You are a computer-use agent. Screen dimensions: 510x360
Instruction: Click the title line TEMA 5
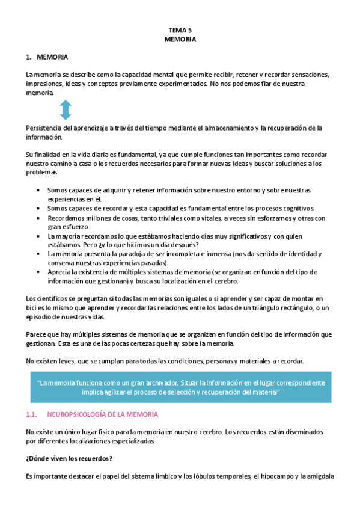pyautogui.click(x=180, y=29)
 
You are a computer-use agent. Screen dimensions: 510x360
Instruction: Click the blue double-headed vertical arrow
pyautogui.click(x=66, y=111)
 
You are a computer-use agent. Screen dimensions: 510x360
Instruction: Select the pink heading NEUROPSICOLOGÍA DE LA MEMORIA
pyautogui.click(x=102, y=415)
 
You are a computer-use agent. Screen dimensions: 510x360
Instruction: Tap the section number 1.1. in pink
pyautogui.click(x=33, y=415)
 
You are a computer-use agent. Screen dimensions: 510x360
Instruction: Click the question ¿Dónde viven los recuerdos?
pyautogui.click(x=69, y=459)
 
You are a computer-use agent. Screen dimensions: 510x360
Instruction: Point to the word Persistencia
pyautogui.click(x=44, y=127)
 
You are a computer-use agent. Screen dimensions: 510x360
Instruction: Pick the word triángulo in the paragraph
pyautogui.click(x=245, y=308)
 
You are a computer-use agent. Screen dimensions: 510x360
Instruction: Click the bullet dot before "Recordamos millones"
pyautogui.click(x=38, y=218)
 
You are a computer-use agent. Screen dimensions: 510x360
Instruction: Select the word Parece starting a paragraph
pyautogui.click(x=35, y=334)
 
